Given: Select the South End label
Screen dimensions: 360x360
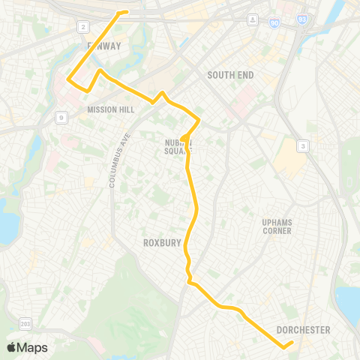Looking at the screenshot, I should [x=231, y=75].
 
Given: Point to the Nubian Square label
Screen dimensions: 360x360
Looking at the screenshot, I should [x=178, y=145].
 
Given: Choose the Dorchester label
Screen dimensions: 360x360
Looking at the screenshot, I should [x=303, y=330].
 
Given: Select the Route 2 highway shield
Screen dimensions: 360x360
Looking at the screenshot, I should [x=81, y=27].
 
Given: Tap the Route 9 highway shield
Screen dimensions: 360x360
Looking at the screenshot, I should [x=59, y=117].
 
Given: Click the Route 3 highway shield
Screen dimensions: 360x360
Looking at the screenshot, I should [x=302, y=145].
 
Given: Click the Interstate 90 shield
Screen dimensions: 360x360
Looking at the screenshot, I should [x=274, y=24].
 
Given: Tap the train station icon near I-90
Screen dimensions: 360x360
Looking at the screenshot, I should [x=253, y=18].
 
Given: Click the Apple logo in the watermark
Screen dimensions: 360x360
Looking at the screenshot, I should [x=11, y=347].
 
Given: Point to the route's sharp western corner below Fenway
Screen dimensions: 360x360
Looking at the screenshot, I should [x=69, y=78].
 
